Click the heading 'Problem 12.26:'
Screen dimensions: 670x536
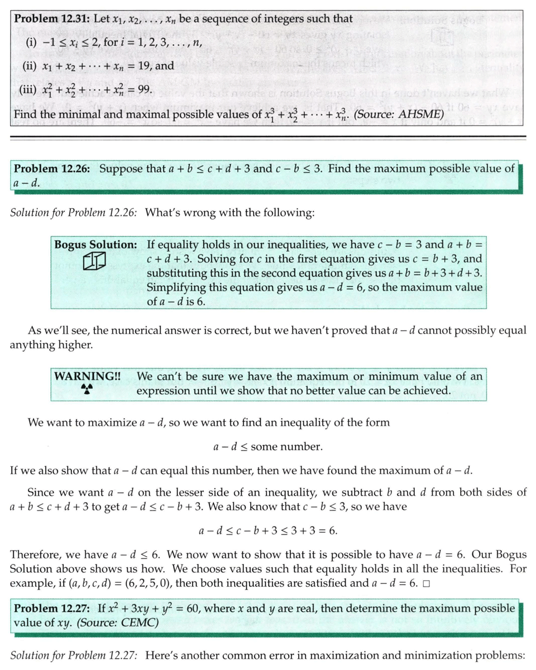52,169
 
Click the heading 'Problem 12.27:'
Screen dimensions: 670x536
52,608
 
